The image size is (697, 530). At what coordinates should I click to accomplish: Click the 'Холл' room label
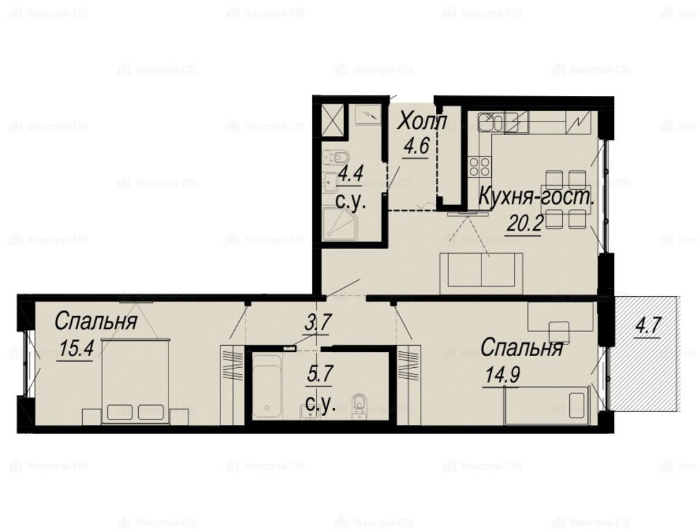point(421,121)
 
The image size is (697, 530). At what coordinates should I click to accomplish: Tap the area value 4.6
point(416,146)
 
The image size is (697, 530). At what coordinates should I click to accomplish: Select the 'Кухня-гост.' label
point(536,197)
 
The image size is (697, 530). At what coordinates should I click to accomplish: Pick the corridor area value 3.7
point(318,322)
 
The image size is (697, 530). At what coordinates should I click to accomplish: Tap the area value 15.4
point(76,349)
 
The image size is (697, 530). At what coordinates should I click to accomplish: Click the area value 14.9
point(502,375)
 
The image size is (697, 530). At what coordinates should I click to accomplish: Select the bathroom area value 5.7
point(320,374)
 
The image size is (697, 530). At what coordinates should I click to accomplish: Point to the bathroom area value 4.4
point(351,173)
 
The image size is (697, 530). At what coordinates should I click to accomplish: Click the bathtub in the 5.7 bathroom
point(267,386)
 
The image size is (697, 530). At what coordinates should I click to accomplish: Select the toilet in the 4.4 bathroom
point(336,157)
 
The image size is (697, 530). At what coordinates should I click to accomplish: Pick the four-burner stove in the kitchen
point(479,166)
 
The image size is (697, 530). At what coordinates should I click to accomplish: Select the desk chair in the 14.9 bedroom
point(560,333)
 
